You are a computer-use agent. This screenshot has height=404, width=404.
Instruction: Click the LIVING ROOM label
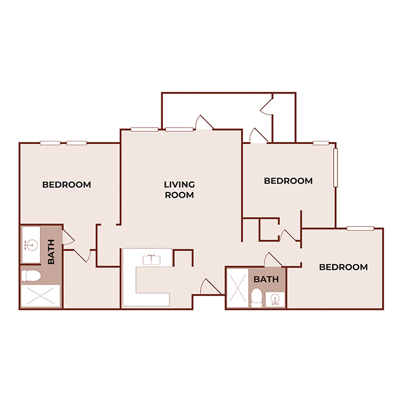[179, 190]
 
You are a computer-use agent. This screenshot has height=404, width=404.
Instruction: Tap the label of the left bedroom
[66, 185]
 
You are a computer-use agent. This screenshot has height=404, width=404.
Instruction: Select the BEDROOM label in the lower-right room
[343, 267]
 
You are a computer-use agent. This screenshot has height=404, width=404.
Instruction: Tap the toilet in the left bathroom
[31, 276]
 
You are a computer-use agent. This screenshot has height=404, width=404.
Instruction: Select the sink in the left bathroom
[30, 245]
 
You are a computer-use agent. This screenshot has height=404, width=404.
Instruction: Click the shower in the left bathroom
[41, 296]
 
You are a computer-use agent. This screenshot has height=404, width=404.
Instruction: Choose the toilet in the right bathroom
[256, 297]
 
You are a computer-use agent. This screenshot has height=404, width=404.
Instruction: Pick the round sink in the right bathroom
[275, 299]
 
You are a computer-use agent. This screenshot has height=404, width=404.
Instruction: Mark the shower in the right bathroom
[237, 289]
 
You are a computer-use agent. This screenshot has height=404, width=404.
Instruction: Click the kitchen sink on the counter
[151, 259]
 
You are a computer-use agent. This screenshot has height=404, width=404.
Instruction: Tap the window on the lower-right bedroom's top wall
[360, 229]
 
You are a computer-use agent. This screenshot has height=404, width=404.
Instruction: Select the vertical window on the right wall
[335, 167]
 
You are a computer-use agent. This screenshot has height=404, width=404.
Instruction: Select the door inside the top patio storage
[266, 105]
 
